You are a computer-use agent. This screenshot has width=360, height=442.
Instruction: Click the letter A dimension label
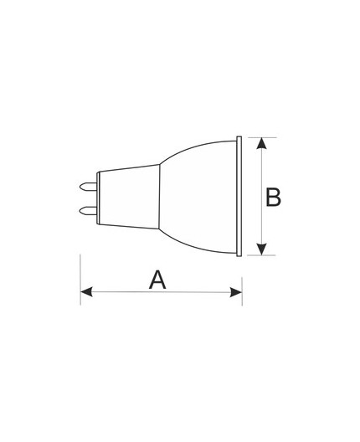pyautogui.click(x=157, y=279)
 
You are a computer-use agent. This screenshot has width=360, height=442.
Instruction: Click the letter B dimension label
pyautogui.click(x=273, y=198)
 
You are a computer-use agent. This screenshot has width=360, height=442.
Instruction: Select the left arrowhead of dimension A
pyautogui.click(x=86, y=292)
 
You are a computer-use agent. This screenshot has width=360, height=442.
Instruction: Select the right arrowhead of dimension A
pyautogui.click(x=237, y=292)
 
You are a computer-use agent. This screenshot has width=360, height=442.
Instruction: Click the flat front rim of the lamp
pyautogui.click(x=240, y=195)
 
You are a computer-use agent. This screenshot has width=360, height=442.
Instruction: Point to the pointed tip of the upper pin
pyautogui.click(x=82, y=182)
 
